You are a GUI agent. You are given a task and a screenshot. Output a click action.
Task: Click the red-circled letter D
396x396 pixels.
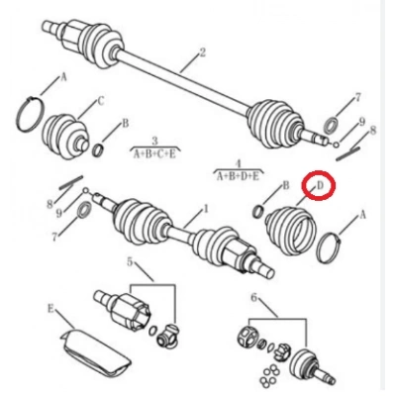(x=319, y=184)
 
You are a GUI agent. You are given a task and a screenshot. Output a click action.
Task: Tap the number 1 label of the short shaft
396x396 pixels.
(x=206, y=209)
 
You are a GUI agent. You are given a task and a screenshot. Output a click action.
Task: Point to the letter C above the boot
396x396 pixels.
(x=100, y=100)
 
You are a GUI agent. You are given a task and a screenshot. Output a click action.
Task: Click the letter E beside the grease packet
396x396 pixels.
(x=50, y=308)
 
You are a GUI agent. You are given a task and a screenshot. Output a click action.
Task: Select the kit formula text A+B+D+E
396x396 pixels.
(x=238, y=175)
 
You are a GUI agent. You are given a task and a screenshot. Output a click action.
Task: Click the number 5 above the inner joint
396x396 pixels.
(x=129, y=261)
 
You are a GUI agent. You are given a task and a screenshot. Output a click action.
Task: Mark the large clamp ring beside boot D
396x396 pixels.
(x=335, y=247)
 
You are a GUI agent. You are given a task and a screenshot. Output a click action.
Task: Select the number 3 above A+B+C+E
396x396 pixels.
(x=154, y=142)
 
